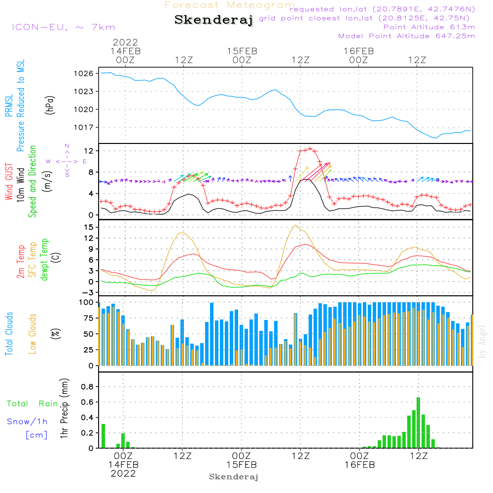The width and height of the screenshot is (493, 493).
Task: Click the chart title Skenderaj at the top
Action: pyautogui.click(x=213, y=20)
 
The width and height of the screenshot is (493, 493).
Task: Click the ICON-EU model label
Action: pyautogui.click(x=63, y=27)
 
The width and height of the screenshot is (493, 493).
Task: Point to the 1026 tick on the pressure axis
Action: pyautogui.click(x=84, y=73)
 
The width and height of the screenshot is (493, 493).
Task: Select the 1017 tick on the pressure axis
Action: pyautogui.click(x=84, y=127)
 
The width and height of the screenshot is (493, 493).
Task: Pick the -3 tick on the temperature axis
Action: pyautogui.click(x=89, y=292)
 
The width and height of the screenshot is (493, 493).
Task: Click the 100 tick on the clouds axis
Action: pyautogui.click(x=87, y=302)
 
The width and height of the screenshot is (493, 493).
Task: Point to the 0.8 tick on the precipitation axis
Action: pyautogui.click(x=87, y=387)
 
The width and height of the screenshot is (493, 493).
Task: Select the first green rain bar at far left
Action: pyautogui.click(x=103, y=436)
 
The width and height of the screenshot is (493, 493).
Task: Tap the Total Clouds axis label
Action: pyautogui.click(x=9, y=334)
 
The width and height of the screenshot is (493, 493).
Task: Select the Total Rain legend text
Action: pyautogui.click(x=32, y=404)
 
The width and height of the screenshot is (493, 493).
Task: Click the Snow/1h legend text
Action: pyautogui.click(x=27, y=422)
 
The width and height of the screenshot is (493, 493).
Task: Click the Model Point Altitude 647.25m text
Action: pyautogui.click(x=406, y=36)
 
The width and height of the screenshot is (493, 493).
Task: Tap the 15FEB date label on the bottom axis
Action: pyautogui.click(x=242, y=465)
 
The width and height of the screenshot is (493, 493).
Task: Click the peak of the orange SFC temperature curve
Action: pyautogui.click(x=295, y=225)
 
